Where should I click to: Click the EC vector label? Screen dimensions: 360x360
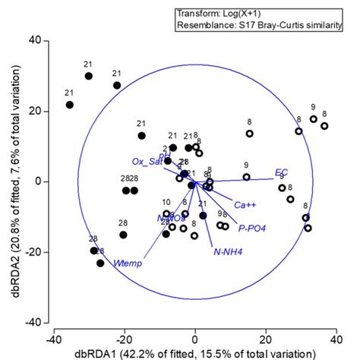[281, 172]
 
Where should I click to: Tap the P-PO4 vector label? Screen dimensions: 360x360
[251, 227]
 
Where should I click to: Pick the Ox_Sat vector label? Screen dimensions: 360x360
[147, 161]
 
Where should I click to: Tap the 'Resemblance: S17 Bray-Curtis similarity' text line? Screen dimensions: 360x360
[258, 26]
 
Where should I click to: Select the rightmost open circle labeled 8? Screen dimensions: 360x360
[324, 126]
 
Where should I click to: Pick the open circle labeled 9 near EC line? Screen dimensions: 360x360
[246, 177]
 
